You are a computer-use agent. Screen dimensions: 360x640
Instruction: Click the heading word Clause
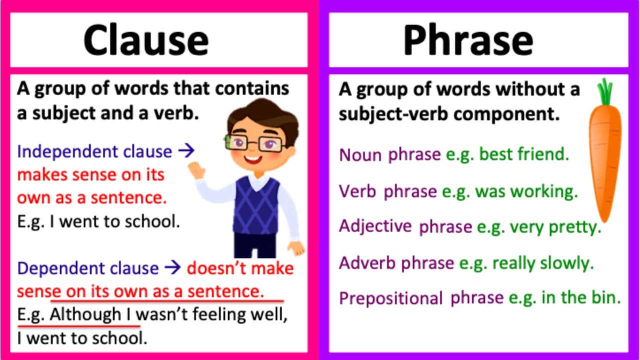(145, 40)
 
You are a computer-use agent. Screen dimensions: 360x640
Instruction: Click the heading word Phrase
(468, 40)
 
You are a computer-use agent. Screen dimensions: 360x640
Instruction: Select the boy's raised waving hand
(198, 170)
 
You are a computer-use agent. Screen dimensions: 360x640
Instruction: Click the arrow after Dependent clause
(172, 268)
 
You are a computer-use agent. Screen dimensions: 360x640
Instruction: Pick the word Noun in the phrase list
(360, 155)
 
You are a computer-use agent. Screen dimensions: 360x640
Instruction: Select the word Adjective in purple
(375, 226)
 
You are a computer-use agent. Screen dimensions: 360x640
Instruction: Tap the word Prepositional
(390, 298)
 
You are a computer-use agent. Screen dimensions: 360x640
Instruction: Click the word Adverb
(367, 262)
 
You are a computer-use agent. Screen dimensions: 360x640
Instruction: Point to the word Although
(85, 315)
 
